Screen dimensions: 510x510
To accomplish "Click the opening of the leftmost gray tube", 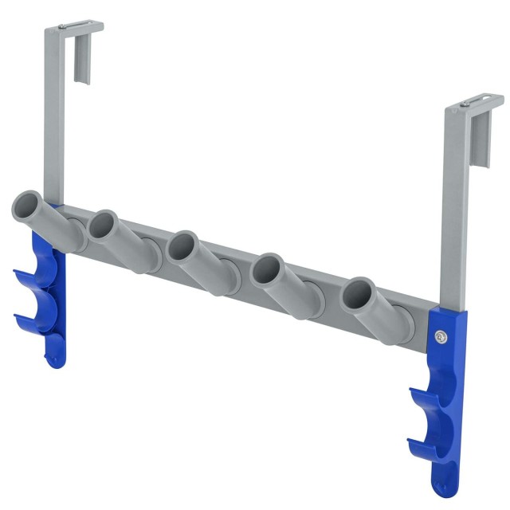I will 28,206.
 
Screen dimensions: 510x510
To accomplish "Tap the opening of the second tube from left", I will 104,224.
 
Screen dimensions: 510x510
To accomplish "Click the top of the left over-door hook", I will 74,27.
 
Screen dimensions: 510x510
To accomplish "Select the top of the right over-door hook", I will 475,102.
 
